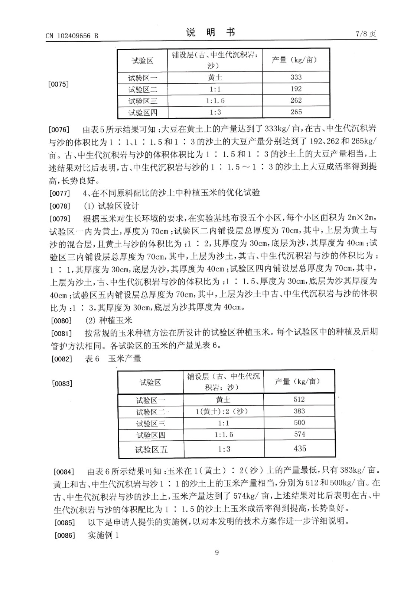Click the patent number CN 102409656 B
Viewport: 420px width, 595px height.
coord(72,36)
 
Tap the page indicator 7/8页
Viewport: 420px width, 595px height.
coord(366,34)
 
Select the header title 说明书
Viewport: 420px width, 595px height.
coord(210,33)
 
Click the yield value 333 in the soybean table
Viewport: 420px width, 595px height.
coord(296,77)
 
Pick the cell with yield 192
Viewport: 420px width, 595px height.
coord(296,89)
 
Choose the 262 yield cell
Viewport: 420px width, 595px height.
coord(296,100)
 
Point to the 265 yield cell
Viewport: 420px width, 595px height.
coord(296,112)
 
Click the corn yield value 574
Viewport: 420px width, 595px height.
coord(299,434)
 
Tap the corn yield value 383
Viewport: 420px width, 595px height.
coord(299,411)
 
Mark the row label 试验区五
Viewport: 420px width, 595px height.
coord(151,450)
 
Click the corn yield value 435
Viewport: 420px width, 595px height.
coord(300,448)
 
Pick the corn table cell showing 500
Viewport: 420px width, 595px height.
coord(299,422)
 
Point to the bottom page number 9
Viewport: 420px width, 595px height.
coord(217,552)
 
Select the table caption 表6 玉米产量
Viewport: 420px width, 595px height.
coord(113,359)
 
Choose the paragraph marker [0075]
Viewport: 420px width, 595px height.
coord(59,84)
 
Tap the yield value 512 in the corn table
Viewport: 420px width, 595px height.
coord(299,399)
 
